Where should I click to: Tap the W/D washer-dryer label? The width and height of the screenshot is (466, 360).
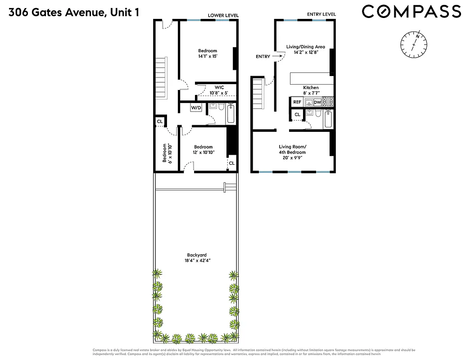tap(196, 108)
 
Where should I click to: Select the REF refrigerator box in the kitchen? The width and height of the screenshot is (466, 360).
tap(297, 102)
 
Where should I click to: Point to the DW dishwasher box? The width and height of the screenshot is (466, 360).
tap(317, 102)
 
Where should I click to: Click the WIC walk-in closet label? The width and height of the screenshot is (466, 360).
tap(219, 87)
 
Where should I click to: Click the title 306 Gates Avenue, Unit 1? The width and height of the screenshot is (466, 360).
tap(73, 12)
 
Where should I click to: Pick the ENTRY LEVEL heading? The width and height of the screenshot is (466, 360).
tap(321, 14)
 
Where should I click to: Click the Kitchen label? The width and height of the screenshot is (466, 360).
tap(311, 88)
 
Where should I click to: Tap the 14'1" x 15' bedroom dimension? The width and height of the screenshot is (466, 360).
tap(208, 57)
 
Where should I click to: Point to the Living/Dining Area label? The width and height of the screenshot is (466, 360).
tap(306, 46)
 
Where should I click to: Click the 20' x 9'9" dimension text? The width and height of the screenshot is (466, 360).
tap(293, 158)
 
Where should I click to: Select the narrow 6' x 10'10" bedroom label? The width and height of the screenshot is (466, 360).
tap(167, 153)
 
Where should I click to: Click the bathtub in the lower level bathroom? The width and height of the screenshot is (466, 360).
tap(231, 114)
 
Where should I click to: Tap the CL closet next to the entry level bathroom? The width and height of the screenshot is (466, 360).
tap(297, 115)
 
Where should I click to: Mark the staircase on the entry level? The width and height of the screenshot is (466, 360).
tap(258, 93)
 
